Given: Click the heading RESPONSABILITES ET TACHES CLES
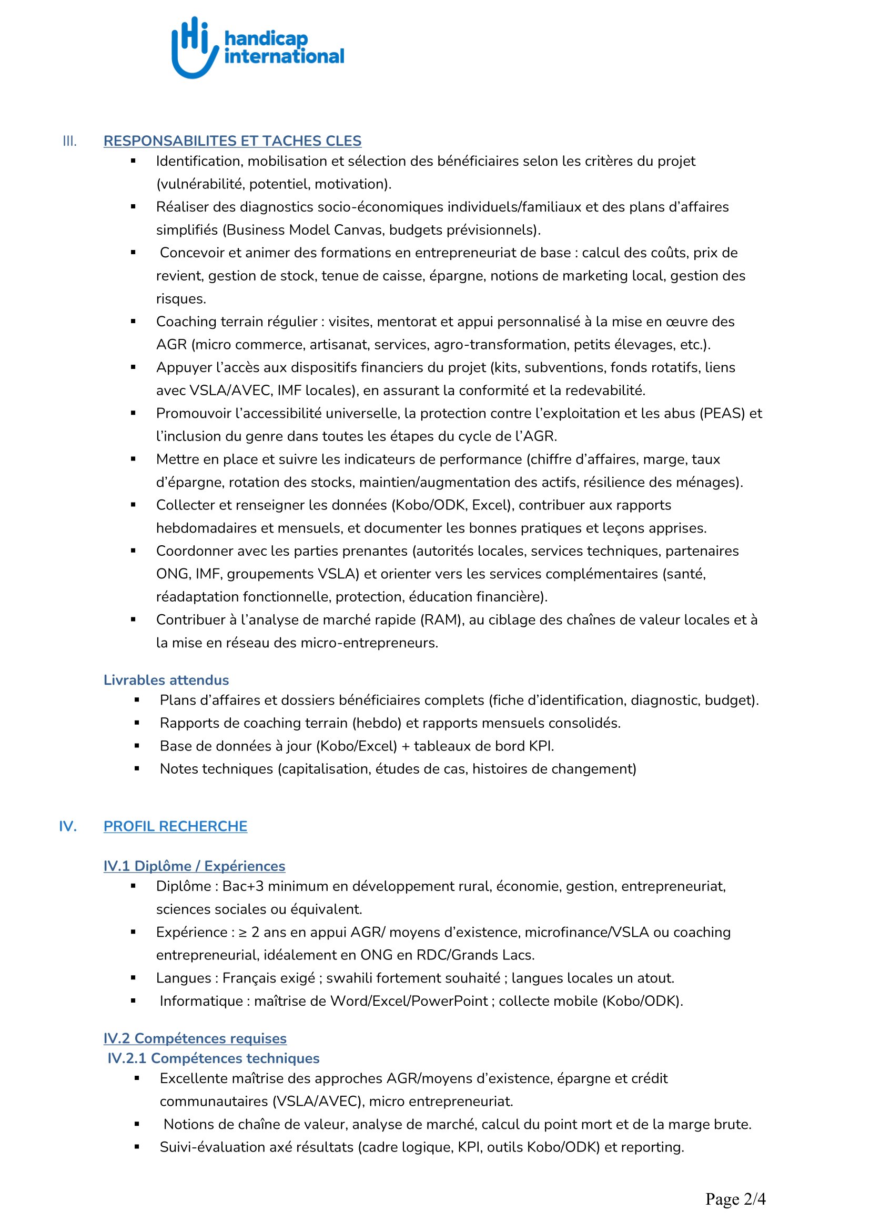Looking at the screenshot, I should [232, 141].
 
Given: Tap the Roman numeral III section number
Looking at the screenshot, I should [69, 142].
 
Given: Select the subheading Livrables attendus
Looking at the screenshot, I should [166, 680].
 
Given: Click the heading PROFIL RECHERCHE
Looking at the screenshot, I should [175, 826].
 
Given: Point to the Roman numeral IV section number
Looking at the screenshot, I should [68, 826].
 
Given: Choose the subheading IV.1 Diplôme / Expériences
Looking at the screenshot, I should [194, 866].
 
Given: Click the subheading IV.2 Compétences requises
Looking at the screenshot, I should [195, 1038].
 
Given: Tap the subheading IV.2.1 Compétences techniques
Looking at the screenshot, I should [213, 1058].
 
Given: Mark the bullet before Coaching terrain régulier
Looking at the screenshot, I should [134, 321].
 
